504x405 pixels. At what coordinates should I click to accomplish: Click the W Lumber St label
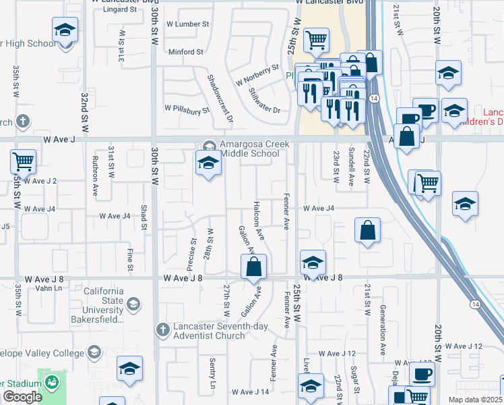(x=183, y=24)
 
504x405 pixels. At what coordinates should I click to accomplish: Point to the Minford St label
(x=186, y=52)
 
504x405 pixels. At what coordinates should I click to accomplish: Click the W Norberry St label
(x=257, y=75)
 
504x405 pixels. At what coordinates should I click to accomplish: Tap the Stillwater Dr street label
(x=264, y=100)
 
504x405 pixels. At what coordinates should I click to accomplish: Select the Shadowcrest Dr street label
(x=220, y=98)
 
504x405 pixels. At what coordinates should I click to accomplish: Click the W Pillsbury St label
(x=183, y=109)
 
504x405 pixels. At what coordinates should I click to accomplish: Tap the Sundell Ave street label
(x=351, y=167)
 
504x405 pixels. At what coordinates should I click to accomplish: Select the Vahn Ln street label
(x=49, y=288)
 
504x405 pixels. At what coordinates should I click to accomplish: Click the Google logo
(x=22, y=397)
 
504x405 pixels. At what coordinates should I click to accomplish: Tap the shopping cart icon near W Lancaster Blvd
(x=315, y=40)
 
